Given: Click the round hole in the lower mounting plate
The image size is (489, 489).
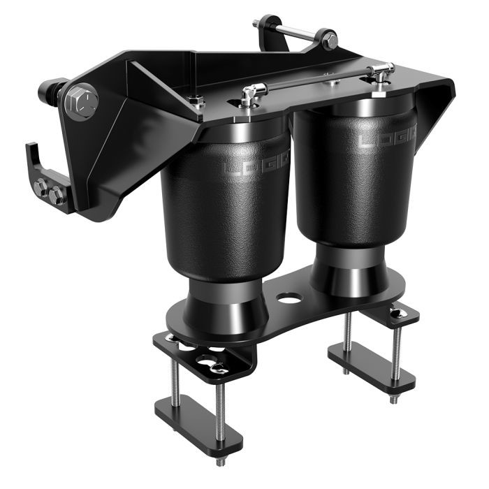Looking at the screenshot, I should [x=289, y=298].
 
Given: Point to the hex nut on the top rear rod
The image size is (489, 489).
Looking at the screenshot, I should [x=328, y=39].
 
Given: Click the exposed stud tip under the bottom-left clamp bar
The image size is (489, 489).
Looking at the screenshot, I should [x=221, y=462].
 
